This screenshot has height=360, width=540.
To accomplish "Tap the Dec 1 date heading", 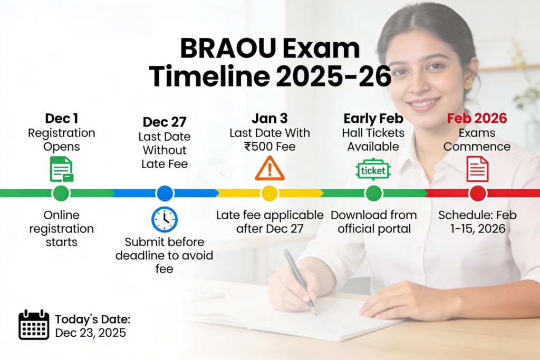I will [x=62, y=118].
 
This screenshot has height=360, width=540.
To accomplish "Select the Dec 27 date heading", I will [x=165, y=122].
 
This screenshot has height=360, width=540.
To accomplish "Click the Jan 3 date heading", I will [x=269, y=118].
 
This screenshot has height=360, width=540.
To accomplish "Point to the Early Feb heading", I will [x=373, y=118].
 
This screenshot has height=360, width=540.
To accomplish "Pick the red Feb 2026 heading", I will [x=477, y=118].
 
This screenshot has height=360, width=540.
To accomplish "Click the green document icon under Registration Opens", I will [x=61, y=169].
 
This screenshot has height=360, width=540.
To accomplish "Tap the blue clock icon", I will [x=165, y=220].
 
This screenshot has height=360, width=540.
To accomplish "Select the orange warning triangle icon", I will [x=269, y=169].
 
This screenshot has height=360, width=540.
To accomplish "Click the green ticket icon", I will [x=373, y=170].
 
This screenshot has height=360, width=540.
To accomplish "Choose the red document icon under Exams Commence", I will [x=477, y=169].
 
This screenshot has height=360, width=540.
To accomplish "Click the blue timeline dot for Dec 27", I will [x=165, y=193].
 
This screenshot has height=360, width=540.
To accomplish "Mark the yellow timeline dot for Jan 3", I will [x=269, y=193].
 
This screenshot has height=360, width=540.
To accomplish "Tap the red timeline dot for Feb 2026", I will [x=477, y=193].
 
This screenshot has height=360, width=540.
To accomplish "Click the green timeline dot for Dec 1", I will [x=61, y=193].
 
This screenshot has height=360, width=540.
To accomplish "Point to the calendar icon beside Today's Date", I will [x=34, y=325].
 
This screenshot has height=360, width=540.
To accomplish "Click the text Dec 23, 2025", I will [x=90, y=333].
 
